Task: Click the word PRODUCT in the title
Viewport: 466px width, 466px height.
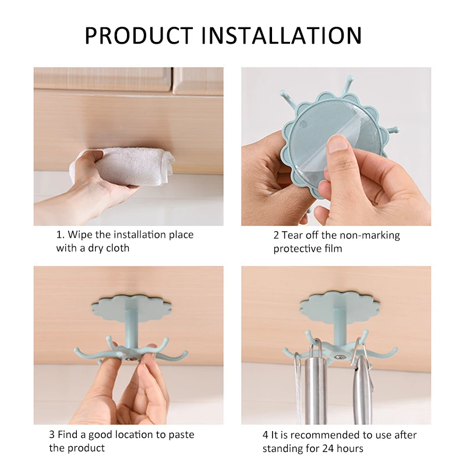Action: click(139, 36)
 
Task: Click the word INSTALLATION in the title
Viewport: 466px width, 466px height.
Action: click(281, 36)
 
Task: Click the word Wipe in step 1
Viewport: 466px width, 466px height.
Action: click(80, 235)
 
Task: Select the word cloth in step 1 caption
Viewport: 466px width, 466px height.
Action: click(118, 248)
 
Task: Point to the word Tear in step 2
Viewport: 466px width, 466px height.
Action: click(292, 235)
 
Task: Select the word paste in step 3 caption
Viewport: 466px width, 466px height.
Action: click(182, 435)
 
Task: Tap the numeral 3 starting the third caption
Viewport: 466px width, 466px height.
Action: click(52, 435)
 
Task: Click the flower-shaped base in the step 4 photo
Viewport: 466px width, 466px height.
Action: click(340, 308)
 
